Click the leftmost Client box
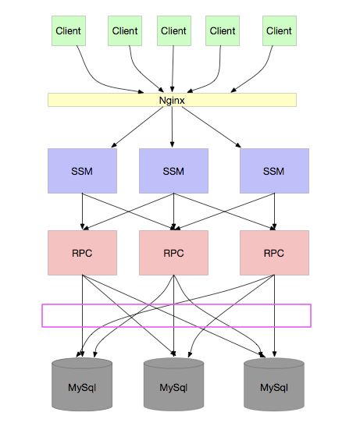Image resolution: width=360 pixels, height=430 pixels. [69, 30]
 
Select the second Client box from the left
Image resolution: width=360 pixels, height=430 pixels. [125, 30]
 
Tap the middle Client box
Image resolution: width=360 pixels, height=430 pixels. [174, 30]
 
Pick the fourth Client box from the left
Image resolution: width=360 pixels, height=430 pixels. [223, 30]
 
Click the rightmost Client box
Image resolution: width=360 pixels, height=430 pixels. [280, 30]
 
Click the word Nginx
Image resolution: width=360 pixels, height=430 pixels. [172, 101]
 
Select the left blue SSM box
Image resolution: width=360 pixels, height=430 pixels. [82, 171]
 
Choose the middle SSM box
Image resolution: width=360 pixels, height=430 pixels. [173, 171]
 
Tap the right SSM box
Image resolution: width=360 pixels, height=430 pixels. [274, 171]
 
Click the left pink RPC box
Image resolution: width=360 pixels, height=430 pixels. [82, 253]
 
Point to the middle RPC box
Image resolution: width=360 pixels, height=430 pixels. [173, 253]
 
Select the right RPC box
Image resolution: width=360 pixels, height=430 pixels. [274, 253]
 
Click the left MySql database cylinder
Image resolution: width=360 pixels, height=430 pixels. [82, 384]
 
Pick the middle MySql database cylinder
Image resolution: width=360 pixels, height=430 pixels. [173, 384]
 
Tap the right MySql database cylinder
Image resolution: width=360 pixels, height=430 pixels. [274, 384]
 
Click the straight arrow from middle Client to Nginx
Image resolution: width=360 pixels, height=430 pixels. [173, 69]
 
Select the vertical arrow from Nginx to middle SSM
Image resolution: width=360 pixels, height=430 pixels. [172, 127]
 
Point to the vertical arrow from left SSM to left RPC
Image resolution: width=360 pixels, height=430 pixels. [82, 211]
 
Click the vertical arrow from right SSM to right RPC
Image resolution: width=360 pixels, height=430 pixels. [274, 211]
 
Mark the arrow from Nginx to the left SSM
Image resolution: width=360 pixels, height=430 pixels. [137, 127]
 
